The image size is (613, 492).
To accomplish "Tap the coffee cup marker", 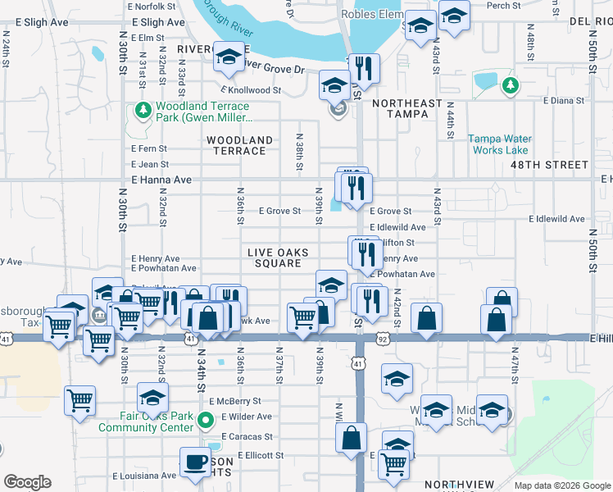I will tap(195, 462).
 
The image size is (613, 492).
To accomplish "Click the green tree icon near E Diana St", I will tap(511, 84).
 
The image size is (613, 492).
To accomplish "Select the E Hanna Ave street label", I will tap(161, 180).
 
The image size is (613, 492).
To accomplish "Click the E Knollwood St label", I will tap(251, 91).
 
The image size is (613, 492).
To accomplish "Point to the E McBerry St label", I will tap(234, 402).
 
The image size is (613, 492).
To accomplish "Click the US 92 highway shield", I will tap(383, 337).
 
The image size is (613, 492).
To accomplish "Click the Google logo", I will tap(27, 482).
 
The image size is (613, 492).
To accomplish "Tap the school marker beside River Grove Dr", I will tap(229, 55).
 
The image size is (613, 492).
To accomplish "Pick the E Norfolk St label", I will tap(152, 6).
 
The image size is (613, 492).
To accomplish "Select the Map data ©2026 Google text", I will tap(561, 485).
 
